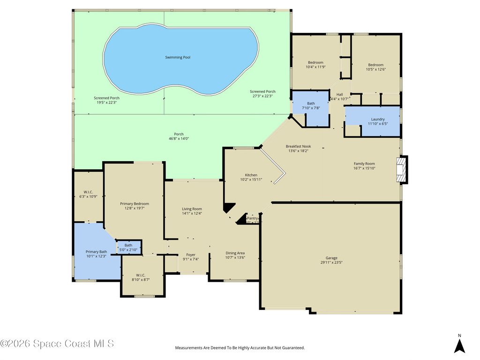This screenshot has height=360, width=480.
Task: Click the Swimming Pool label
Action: click(x=178, y=57)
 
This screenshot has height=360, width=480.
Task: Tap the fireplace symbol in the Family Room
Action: click(x=402, y=169)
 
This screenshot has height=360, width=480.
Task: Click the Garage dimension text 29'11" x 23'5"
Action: click(x=331, y=263)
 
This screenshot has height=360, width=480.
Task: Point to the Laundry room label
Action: click(x=377, y=119)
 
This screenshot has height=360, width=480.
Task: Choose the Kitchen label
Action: click(x=251, y=175)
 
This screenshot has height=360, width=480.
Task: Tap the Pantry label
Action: click(x=253, y=218)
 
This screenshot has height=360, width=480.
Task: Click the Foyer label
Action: click(x=191, y=255)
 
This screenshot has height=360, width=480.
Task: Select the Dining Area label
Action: click(x=235, y=253)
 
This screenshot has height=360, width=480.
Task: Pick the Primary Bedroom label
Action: click(x=135, y=203)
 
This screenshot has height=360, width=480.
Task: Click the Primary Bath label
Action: click(x=96, y=252)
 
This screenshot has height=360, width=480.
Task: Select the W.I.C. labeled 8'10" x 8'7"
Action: click(x=142, y=275)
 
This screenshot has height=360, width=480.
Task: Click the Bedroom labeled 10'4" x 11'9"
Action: click(x=315, y=62)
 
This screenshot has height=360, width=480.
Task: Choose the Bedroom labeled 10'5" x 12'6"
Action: click(x=375, y=65)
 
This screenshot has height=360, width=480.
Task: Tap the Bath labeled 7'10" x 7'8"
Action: click(x=311, y=103)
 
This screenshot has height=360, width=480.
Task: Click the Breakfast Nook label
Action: click(x=298, y=146)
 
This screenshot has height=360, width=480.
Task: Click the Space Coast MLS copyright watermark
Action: click(x=57, y=344)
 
